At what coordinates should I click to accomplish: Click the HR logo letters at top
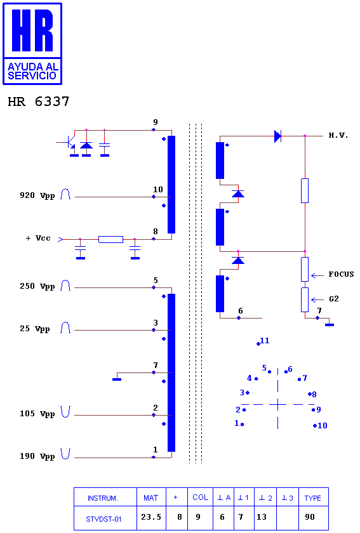32,30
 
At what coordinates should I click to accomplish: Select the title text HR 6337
39,102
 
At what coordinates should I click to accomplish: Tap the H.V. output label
338,135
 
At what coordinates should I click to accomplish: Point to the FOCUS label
341,274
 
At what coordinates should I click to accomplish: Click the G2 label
333,299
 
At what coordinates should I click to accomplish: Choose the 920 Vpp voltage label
37,195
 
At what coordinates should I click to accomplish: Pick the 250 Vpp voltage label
37,286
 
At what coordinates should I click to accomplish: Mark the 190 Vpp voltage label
37,456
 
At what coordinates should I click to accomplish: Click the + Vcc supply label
38,238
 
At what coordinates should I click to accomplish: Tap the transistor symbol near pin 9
70,143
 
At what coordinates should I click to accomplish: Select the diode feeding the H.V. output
277,136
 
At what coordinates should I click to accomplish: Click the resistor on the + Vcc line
110,239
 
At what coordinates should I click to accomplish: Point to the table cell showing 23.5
151,517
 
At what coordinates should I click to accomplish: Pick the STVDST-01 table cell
103,519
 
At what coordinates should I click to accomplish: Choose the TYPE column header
313,498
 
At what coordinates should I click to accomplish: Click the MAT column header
150,498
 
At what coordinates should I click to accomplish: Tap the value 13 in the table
262,517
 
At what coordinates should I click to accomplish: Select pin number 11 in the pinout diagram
264,340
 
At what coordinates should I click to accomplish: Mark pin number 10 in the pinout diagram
323,425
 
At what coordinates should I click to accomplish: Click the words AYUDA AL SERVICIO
32,71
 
